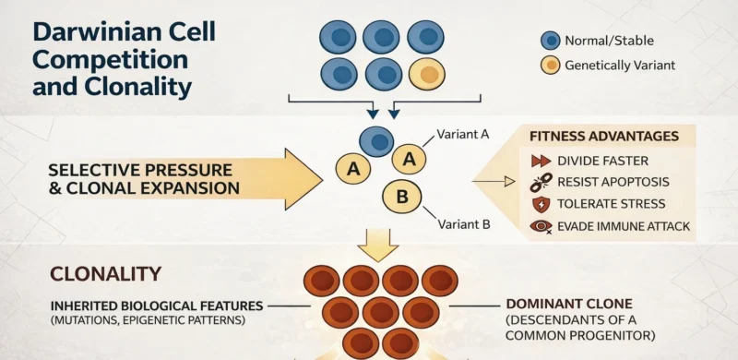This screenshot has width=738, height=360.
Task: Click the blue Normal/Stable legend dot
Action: click(550, 41)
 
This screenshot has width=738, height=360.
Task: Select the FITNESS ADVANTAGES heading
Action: click(604, 137)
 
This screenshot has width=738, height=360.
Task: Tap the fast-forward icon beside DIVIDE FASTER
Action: click(540, 160)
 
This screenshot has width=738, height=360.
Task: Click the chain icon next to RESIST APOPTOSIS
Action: click(540, 182)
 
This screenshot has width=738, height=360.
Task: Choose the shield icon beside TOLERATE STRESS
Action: click(540, 204)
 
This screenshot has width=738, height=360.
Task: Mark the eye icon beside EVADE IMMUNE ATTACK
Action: click(540, 226)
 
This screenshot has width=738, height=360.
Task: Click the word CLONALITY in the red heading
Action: click(105, 274)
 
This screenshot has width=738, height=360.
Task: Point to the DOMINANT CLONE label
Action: click(566, 303)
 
